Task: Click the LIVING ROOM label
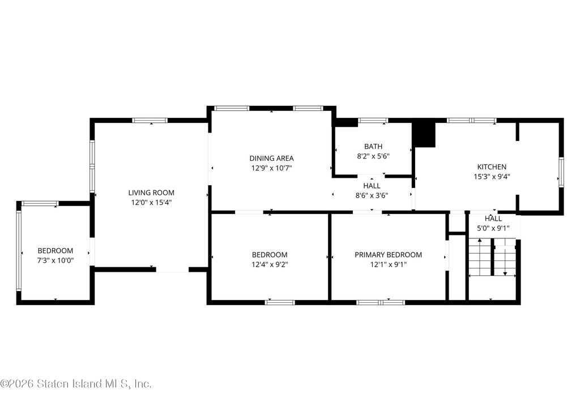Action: [151, 193]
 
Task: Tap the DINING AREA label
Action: [271, 159]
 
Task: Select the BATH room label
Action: [373, 147]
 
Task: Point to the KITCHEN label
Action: [492, 167]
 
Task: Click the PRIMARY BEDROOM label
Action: [389, 255]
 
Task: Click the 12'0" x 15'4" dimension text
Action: [151, 203]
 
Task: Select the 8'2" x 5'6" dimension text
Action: [373, 156]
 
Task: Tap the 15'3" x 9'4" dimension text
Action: [492, 177]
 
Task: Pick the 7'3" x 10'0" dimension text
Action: [56, 260]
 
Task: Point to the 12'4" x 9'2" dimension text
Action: [270, 265]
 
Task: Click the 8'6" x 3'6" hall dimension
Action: [372, 196]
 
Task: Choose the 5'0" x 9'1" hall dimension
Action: [493, 229]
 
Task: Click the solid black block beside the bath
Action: [424, 135]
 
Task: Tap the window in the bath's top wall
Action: [373, 120]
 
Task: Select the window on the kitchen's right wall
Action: [561, 171]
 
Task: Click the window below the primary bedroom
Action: [381, 302]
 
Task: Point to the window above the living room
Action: [150, 120]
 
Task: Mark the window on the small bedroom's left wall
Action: [19, 251]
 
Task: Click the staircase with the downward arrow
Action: [505, 258]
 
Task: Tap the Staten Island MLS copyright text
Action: [75, 383]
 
